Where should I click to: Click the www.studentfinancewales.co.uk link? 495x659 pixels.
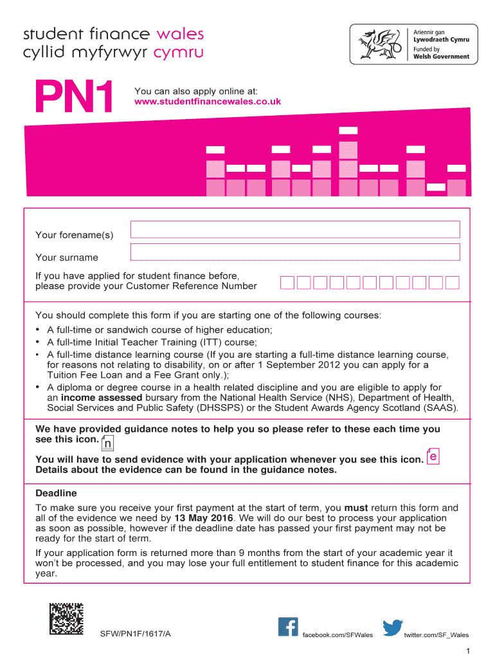(208, 102)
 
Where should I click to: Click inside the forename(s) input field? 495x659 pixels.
(295, 229)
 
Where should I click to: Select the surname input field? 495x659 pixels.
(295, 252)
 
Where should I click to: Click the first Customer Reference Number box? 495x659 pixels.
(287, 283)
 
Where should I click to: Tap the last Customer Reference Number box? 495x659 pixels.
(453, 283)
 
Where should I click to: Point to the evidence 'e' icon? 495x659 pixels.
(433, 456)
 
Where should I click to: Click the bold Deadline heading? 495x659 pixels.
(56, 493)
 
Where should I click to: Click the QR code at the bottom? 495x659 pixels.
(67, 620)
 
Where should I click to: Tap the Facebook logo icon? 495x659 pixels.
(288, 627)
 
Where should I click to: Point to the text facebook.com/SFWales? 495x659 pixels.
(337, 635)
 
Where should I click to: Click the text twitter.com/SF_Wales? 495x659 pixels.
(436, 635)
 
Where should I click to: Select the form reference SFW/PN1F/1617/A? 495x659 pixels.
(135, 635)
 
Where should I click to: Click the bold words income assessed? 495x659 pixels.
(97, 398)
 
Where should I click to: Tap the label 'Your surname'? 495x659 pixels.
(67, 257)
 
